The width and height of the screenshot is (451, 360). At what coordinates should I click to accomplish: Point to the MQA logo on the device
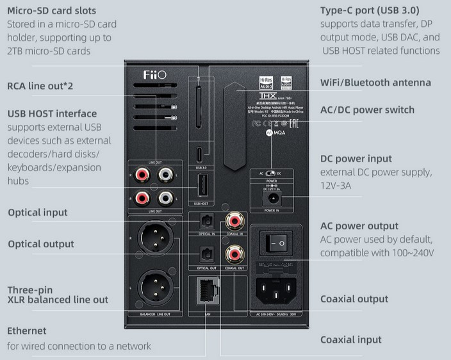point(274,134)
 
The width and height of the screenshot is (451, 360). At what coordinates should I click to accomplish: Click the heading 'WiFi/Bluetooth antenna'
point(375,83)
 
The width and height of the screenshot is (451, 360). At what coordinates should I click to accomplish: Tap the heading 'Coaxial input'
point(350,340)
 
